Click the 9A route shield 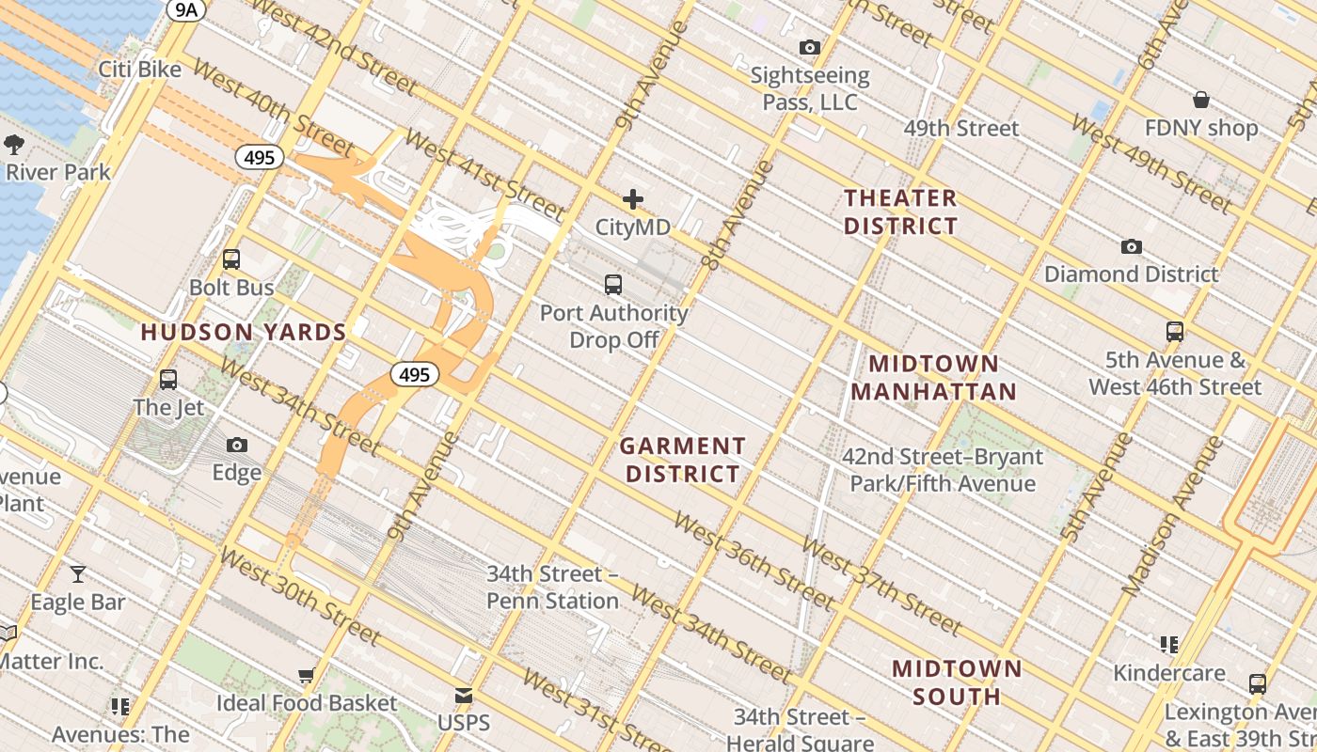[185, 9]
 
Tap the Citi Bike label [140, 70]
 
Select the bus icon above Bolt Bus [231, 259]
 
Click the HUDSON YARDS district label [244, 332]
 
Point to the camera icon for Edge [237, 445]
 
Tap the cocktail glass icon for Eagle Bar [78, 573]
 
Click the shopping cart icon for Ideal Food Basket [306, 675]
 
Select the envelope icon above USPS [464, 696]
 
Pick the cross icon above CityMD [633, 199]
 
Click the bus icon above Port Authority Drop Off [613, 284]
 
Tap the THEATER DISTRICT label [900, 211]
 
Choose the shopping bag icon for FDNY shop [1201, 100]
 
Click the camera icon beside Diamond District [1132, 247]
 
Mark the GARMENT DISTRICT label [683, 460]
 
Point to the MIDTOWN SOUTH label [957, 682]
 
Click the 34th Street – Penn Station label [553, 587]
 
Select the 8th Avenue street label [738, 215]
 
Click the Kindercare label [1169, 673]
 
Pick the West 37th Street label [881, 587]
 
